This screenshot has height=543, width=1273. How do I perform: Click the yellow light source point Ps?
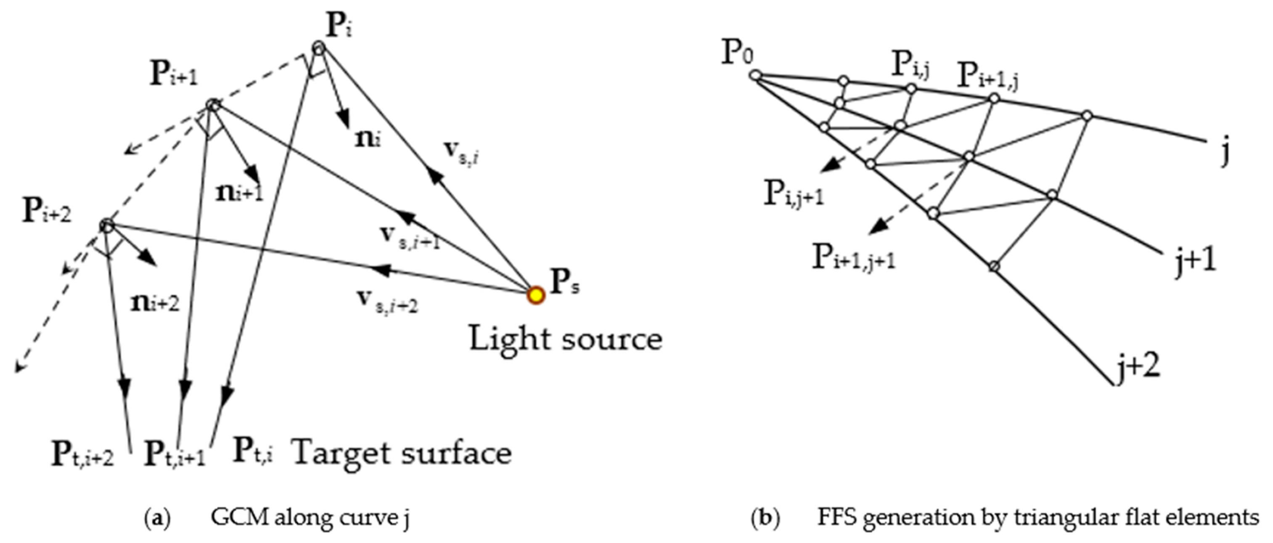click(x=536, y=295)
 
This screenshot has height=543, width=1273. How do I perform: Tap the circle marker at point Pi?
click(x=319, y=48)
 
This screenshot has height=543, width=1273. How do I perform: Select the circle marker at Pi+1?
click(x=212, y=105)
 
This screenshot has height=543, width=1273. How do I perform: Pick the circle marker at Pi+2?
click(x=107, y=226)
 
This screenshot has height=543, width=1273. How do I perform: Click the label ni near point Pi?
click(x=368, y=139)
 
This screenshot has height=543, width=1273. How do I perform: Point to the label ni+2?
click(x=155, y=303)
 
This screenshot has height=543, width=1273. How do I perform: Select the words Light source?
click(x=565, y=340)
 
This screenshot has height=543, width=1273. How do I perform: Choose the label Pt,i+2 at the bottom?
click(x=82, y=456)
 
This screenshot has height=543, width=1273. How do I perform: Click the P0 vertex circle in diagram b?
click(x=756, y=76)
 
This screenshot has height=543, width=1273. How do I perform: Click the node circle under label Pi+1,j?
click(x=994, y=98)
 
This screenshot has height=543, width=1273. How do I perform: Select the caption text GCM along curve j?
click(x=311, y=519)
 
